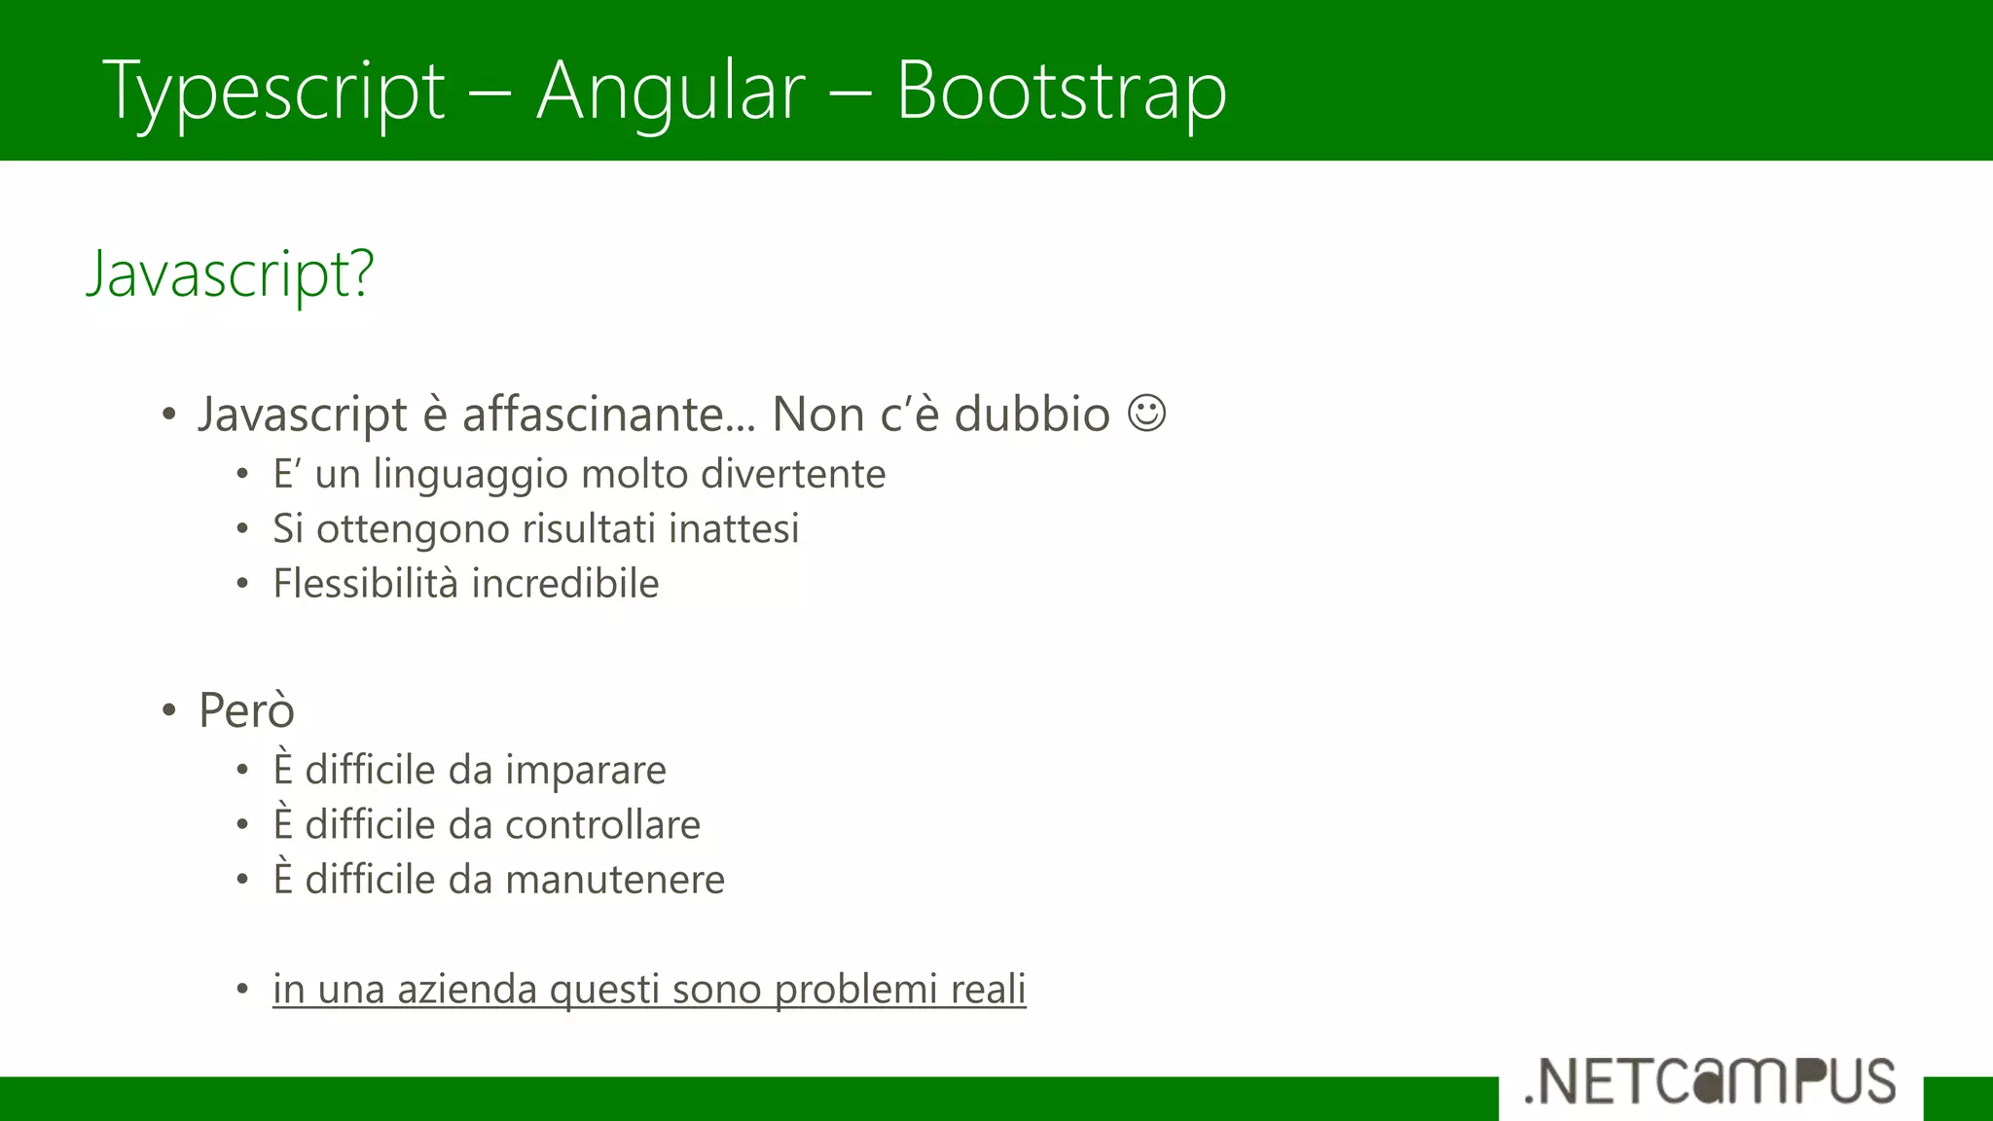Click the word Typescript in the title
tap(274, 92)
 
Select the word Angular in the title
tap(670, 92)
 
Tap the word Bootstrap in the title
tap(1061, 92)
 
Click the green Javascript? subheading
tap(230, 274)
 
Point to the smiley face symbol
tap(1146, 413)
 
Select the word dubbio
tap(1032, 415)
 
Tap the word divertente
tap(793, 474)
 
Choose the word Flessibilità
tap(365, 584)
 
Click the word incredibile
tap(565, 584)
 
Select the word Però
tap(246, 709)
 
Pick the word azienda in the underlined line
tap(467, 989)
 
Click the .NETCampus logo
tap(1710, 1081)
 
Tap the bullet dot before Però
tap(169, 710)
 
